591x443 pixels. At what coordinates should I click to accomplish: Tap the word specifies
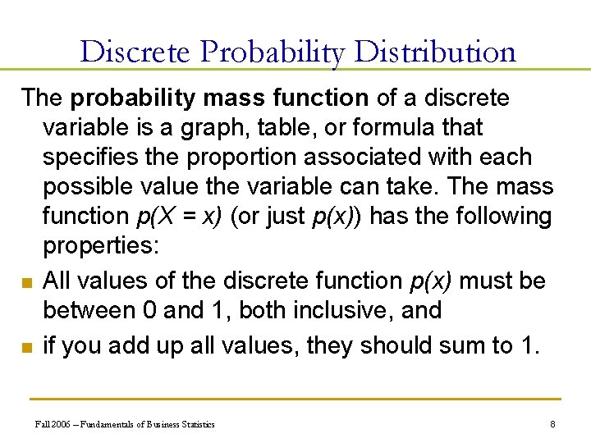pyautogui.click(x=92, y=157)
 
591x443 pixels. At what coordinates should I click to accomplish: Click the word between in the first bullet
pyautogui.click(x=90, y=310)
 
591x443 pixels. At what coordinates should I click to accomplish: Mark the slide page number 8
pyautogui.click(x=553, y=424)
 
